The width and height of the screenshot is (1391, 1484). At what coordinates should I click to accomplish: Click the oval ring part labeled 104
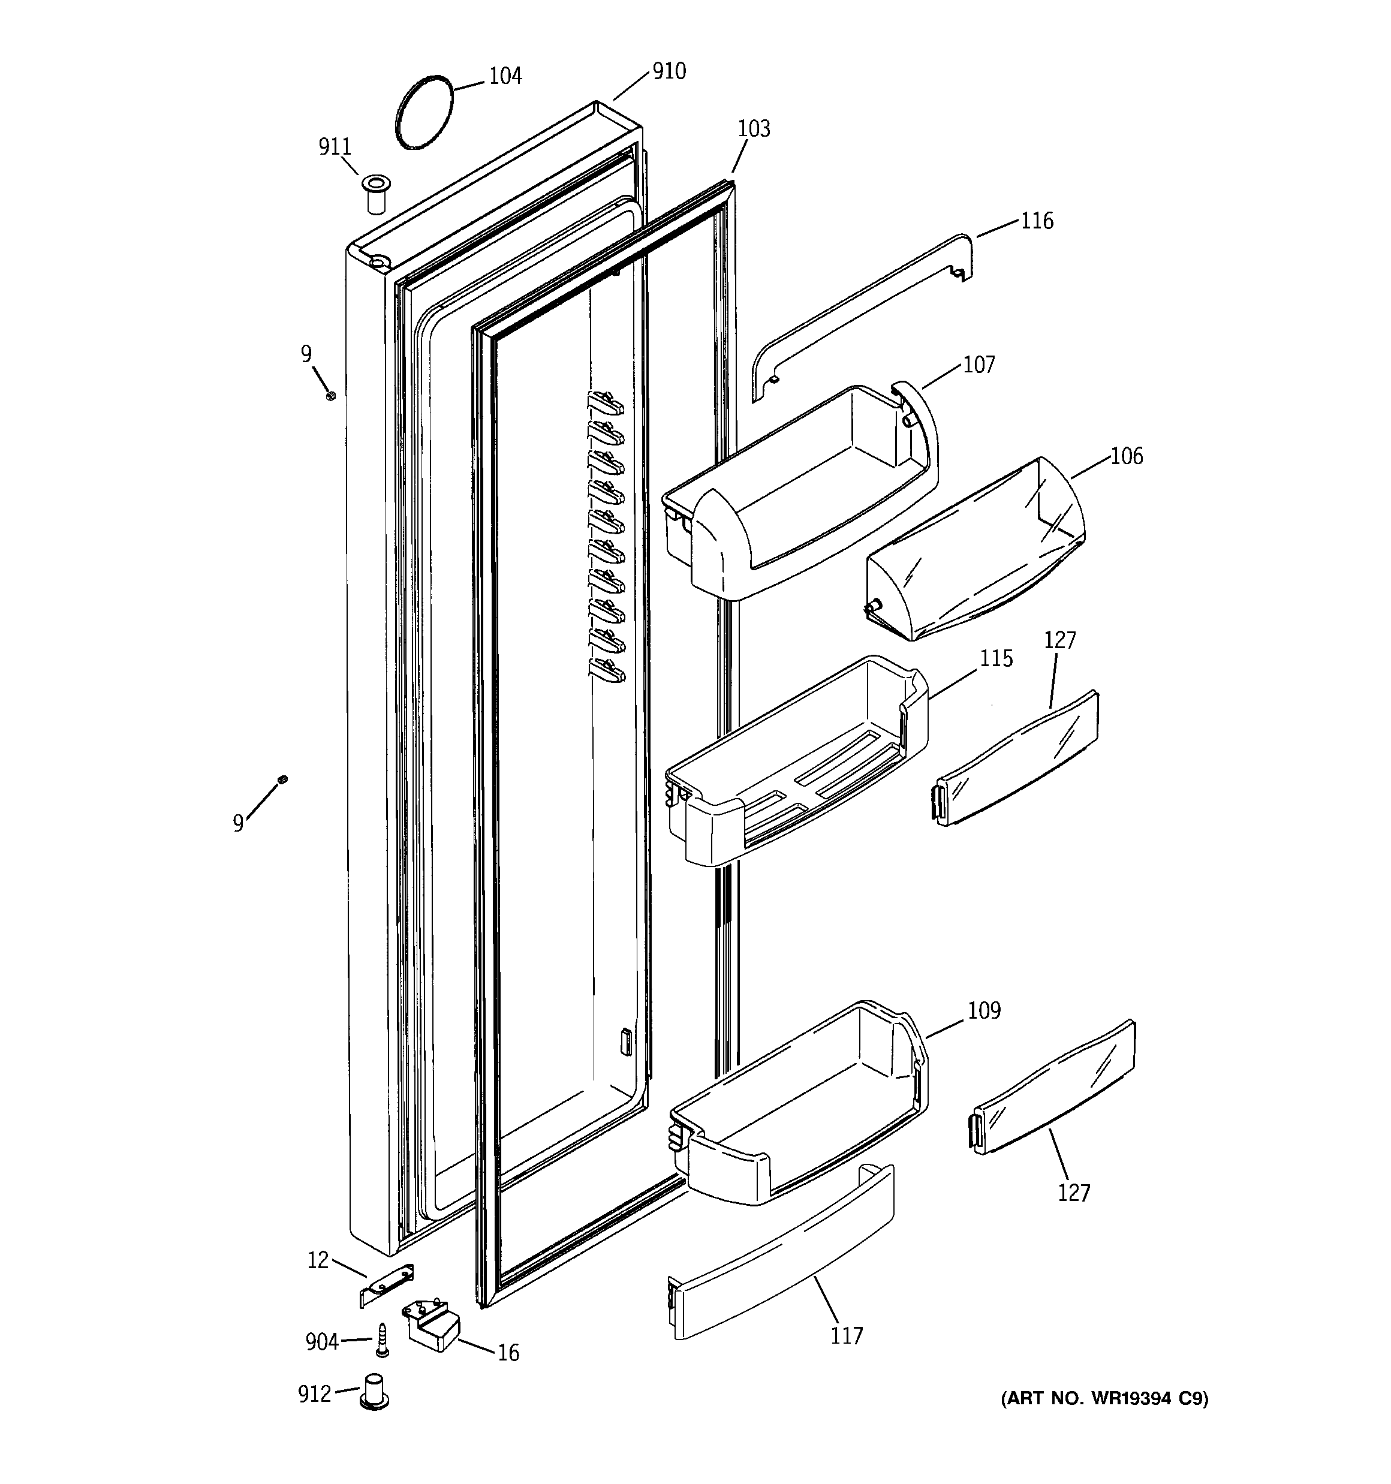point(423,113)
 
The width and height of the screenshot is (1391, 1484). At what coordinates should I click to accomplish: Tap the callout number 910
point(669,72)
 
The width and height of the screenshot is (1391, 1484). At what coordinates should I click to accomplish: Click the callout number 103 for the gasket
point(754,129)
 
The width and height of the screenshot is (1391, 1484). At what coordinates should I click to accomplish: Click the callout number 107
point(979,365)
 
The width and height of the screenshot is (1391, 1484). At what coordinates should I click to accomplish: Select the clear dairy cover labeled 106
point(974,552)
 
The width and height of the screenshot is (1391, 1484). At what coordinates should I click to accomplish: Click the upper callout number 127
point(1059,640)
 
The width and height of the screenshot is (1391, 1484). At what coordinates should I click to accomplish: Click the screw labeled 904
point(383,1341)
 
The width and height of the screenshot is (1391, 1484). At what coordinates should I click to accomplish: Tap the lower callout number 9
point(238,823)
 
